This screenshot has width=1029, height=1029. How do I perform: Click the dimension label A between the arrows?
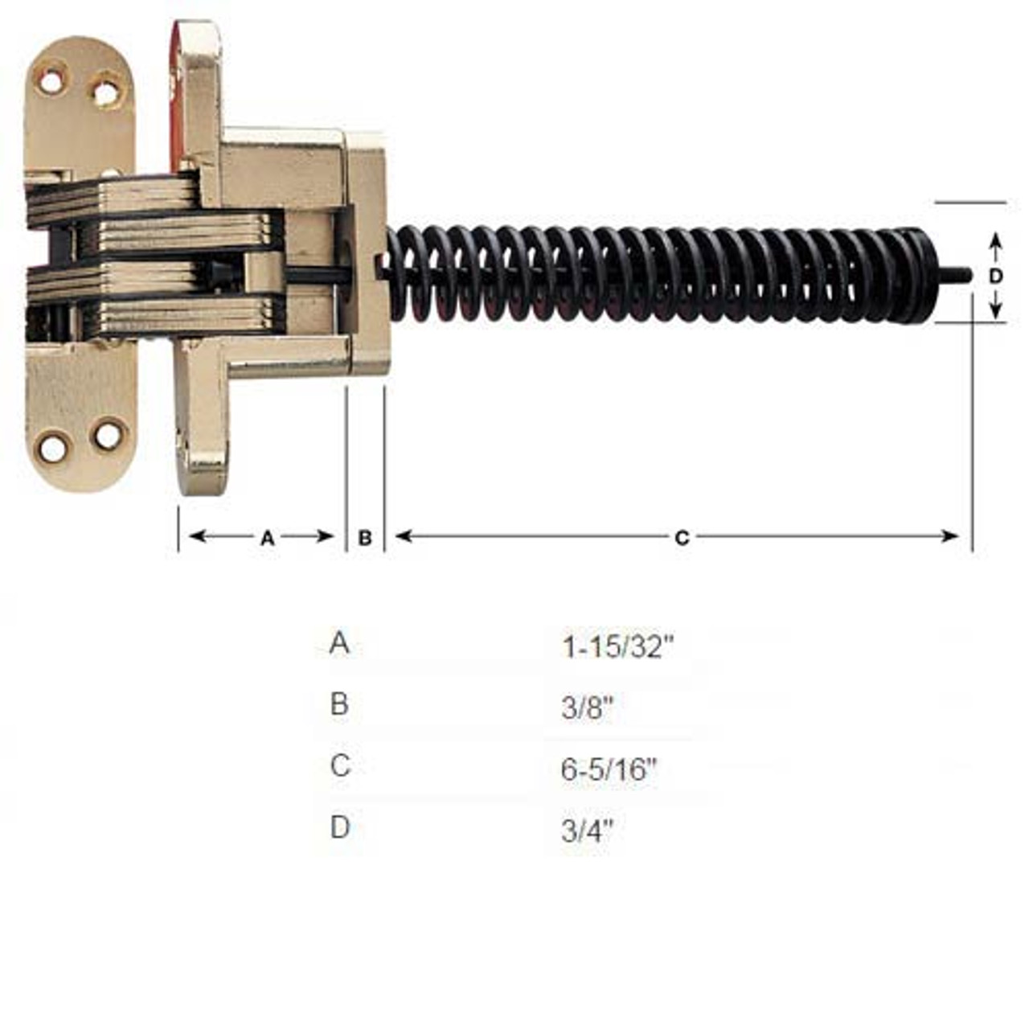(x=268, y=538)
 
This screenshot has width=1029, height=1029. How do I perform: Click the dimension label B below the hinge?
(x=365, y=538)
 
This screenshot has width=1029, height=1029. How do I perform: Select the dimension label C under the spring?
(x=682, y=538)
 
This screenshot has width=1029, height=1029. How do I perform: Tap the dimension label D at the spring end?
(x=995, y=276)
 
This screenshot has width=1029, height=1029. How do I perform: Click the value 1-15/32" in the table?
(x=617, y=646)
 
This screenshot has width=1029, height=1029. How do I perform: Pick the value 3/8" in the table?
(x=588, y=708)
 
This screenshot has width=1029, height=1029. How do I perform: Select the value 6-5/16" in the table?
(x=609, y=769)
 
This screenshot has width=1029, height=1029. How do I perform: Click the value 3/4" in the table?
(x=588, y=830)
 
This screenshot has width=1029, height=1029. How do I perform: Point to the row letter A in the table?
(x=339, y=643)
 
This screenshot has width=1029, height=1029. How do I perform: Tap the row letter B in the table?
(x=339, y=704)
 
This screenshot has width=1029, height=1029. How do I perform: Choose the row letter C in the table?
(x=340, y=765)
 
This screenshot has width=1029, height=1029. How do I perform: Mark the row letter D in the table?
(x=340, y=826)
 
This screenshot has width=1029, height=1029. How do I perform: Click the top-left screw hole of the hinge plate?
(x=51, y=81)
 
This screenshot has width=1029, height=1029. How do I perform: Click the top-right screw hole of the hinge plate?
(x=106, y=93)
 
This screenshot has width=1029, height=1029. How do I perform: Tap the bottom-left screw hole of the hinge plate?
(x=53, y=449)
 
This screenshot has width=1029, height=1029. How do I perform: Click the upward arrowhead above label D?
(x=995, y=240)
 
